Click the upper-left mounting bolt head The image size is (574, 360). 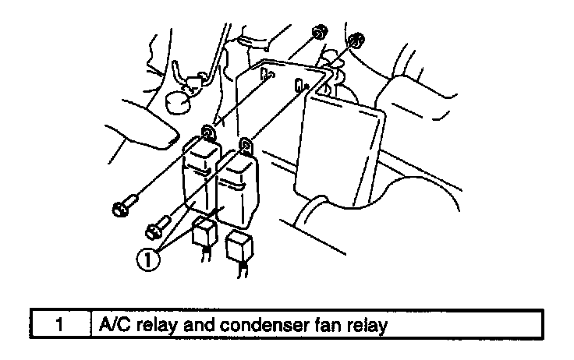pyautogui.click(x=122, y=207)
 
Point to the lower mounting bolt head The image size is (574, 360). pyautogui.click(x=152, y=231)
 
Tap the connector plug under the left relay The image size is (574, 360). pyautogui.click(x=205, y=231)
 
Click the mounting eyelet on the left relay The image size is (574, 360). pyautogui.click(x=207, y=130)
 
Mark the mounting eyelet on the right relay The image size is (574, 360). pyautogui.click(x=246, y=143)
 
